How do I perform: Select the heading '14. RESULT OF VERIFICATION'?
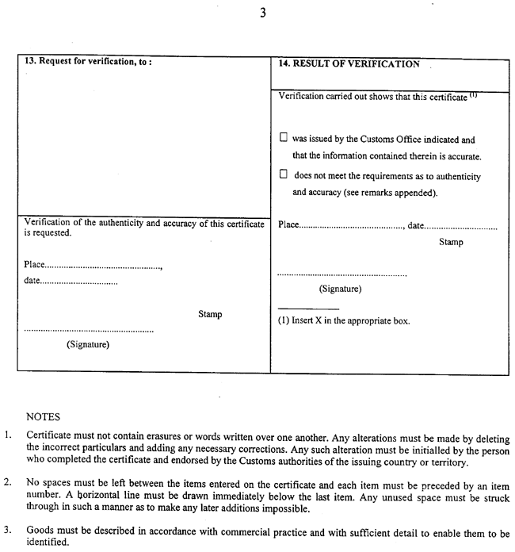click(349, 65)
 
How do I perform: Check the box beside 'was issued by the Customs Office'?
click(284, 137)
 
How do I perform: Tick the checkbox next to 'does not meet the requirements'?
click(284, 175)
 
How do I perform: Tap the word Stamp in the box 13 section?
click(210, 315)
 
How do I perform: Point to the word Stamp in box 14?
click(451, 243)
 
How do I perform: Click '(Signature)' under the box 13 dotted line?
click(88, 344)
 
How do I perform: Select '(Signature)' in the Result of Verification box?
click(341, 289)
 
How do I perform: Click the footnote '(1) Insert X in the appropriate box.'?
click(343, 322)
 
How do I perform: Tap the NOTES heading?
click(44, 416)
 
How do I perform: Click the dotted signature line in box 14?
click(342, 275)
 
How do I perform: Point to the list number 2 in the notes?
click(7, 481)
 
